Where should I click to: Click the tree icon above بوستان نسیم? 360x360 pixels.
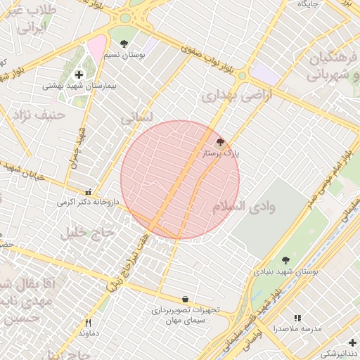point(124,44)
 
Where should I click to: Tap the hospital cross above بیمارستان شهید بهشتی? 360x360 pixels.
point(79,75)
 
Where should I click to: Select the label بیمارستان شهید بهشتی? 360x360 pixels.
point(73,86)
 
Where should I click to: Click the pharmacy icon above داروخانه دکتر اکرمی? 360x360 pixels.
point(88,191)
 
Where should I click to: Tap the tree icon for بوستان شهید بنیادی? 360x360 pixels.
point(285,260)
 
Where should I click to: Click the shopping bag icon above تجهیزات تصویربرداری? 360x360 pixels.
point(185,299)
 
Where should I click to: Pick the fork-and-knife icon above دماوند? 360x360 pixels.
point(88,323)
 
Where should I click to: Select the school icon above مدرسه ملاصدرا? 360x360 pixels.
point(297,319)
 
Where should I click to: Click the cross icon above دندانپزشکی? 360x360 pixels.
point(352,342)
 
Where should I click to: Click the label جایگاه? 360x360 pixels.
point(309,4)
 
